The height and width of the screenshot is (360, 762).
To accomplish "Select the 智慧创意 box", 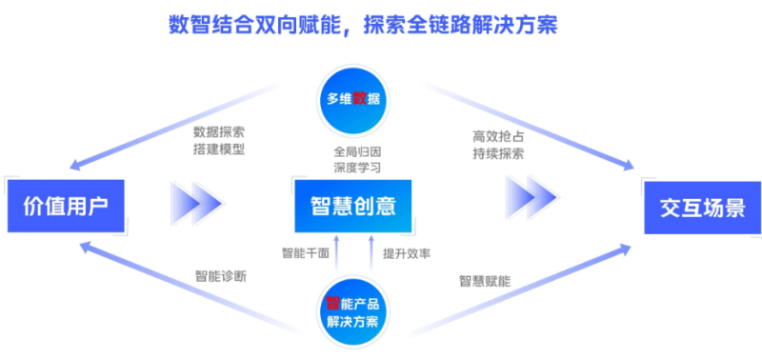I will click(x=352, y=205).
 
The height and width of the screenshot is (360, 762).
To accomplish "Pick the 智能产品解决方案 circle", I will click(x=352, y=310).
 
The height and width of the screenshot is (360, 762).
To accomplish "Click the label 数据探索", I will click(x=219, y=131).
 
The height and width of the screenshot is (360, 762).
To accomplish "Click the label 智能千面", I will click(x=305, y=253).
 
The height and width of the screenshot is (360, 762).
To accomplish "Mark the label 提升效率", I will click(x=407, y=253).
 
